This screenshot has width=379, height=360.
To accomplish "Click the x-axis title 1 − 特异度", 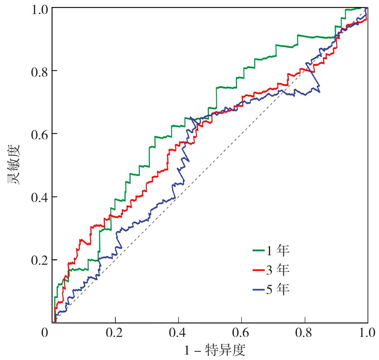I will [x=215, y=351].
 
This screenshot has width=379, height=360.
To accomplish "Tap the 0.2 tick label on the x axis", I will [x=115, y=333].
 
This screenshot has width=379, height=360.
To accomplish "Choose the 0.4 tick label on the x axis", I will [x=179, y=333].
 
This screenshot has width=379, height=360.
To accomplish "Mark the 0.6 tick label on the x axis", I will [x=242, y=333].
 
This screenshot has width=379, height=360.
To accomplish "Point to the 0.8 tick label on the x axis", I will [x=305, y=333].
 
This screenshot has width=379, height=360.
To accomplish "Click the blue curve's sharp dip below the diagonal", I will [x=319, y=91].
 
